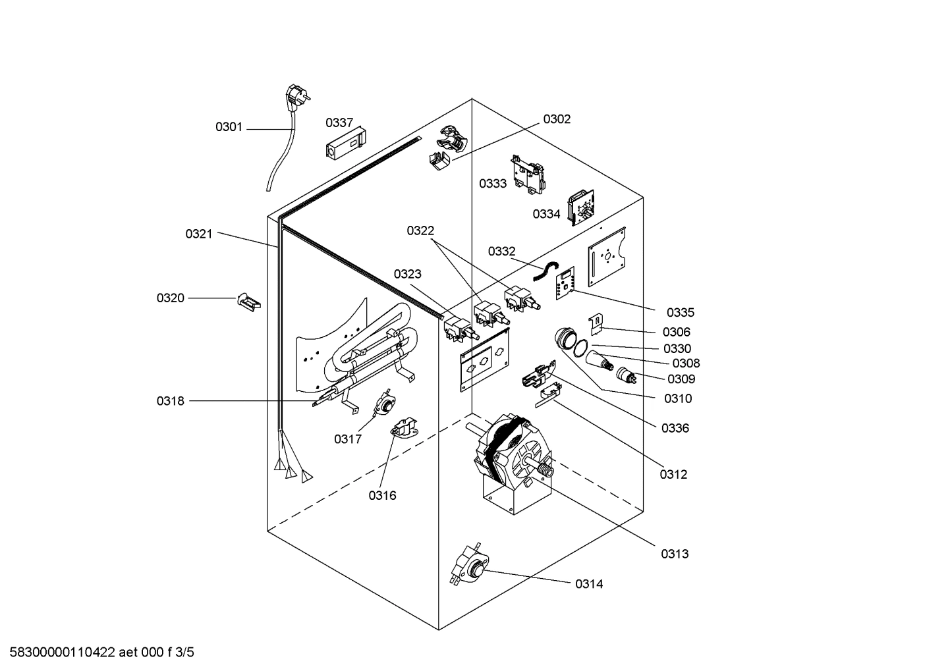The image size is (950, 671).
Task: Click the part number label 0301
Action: [x=229, y=127]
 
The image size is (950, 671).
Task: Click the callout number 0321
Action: [x=198, y=234]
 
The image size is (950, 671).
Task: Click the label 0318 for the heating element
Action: [x=171, y=401]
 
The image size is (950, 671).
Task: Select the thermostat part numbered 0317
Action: [x=381, y=404]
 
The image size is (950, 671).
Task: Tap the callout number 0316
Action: [x=382, y=496]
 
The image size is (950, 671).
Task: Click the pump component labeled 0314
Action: [x=470, y=565]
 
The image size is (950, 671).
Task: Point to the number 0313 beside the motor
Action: [x=675, y=554]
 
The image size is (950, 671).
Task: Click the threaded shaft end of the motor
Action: [x=545, y=470]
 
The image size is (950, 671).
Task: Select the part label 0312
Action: [x=674, y=474]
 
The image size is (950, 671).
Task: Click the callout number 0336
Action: [x=675, y=428]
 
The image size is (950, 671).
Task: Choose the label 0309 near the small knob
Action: [x=681, y=379]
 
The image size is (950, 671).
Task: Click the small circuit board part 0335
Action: [x=566, y=282]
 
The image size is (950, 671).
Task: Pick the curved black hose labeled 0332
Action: [x=545, y=271]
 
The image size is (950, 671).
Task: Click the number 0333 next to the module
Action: [x=493, y=184]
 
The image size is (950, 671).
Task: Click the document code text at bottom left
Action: [x=98, y=653]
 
